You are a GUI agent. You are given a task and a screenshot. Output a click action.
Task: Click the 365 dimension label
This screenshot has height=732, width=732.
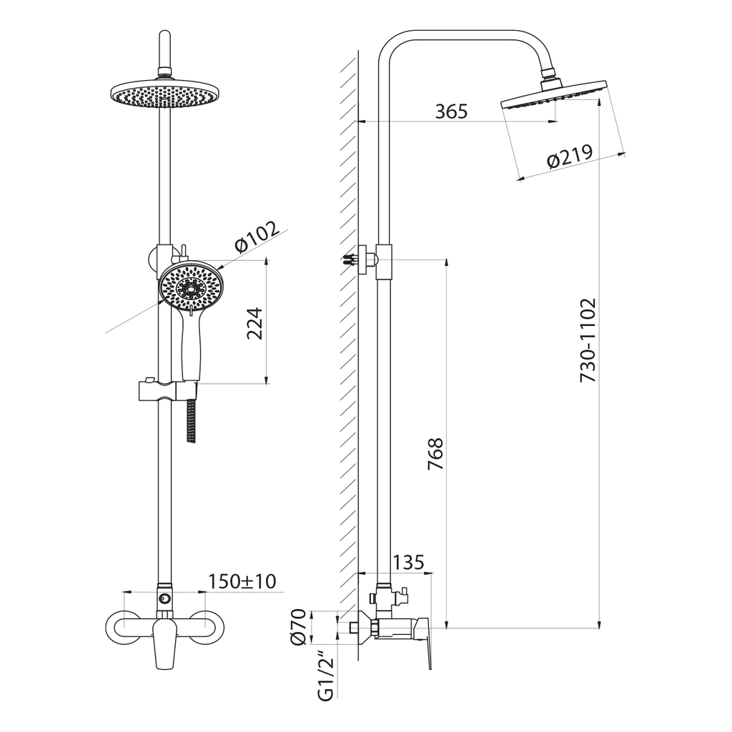451,112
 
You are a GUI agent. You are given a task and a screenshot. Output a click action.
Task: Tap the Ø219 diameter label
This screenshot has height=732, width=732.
570,155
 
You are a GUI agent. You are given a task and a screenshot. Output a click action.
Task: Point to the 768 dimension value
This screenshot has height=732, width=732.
435,453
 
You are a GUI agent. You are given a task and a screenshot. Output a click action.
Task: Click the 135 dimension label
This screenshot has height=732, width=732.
408,562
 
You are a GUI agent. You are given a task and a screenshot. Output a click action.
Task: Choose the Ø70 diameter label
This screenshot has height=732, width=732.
298,626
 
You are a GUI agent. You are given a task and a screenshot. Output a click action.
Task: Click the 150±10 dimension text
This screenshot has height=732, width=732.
242,581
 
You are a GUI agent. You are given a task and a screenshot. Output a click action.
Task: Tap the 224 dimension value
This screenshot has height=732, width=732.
255,323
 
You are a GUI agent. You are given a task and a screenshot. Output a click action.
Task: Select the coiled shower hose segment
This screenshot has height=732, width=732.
190,420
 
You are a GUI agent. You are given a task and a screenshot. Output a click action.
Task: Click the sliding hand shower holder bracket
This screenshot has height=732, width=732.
167,390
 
